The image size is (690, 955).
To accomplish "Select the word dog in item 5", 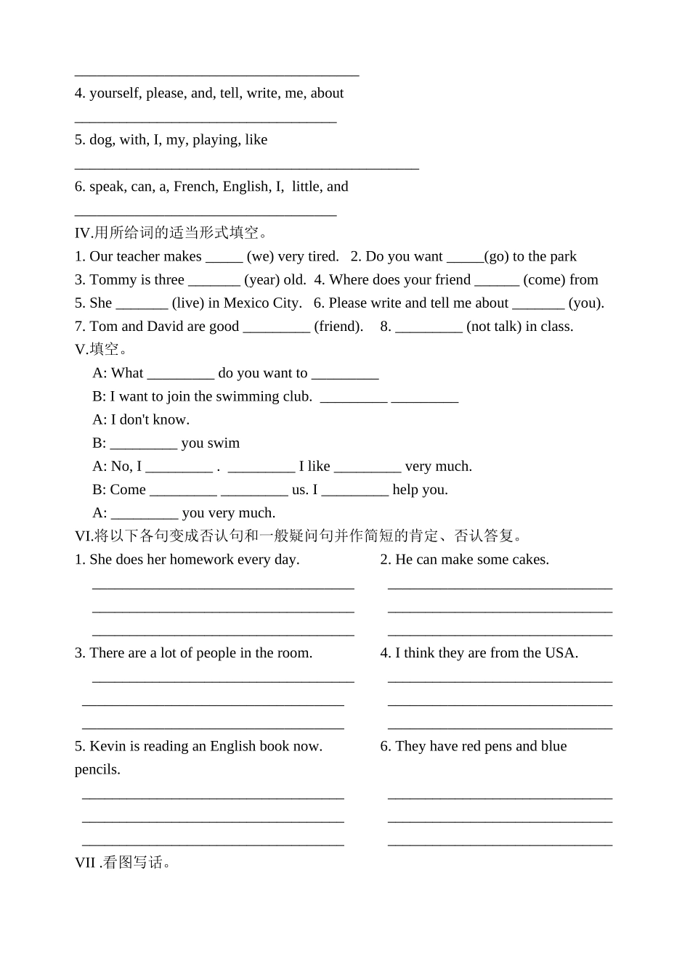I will point(101,140).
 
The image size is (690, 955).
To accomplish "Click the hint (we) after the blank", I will point(260,257).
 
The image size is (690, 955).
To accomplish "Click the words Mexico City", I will point(262,303).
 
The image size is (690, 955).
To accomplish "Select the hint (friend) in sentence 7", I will point(338,327).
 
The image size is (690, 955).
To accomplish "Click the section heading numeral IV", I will point(83,233).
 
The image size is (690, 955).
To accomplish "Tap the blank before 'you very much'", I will point(145,513).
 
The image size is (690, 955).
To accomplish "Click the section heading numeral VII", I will point(85,863).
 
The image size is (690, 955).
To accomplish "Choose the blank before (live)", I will point(142,303).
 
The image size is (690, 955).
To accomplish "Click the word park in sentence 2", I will point(563,257).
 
